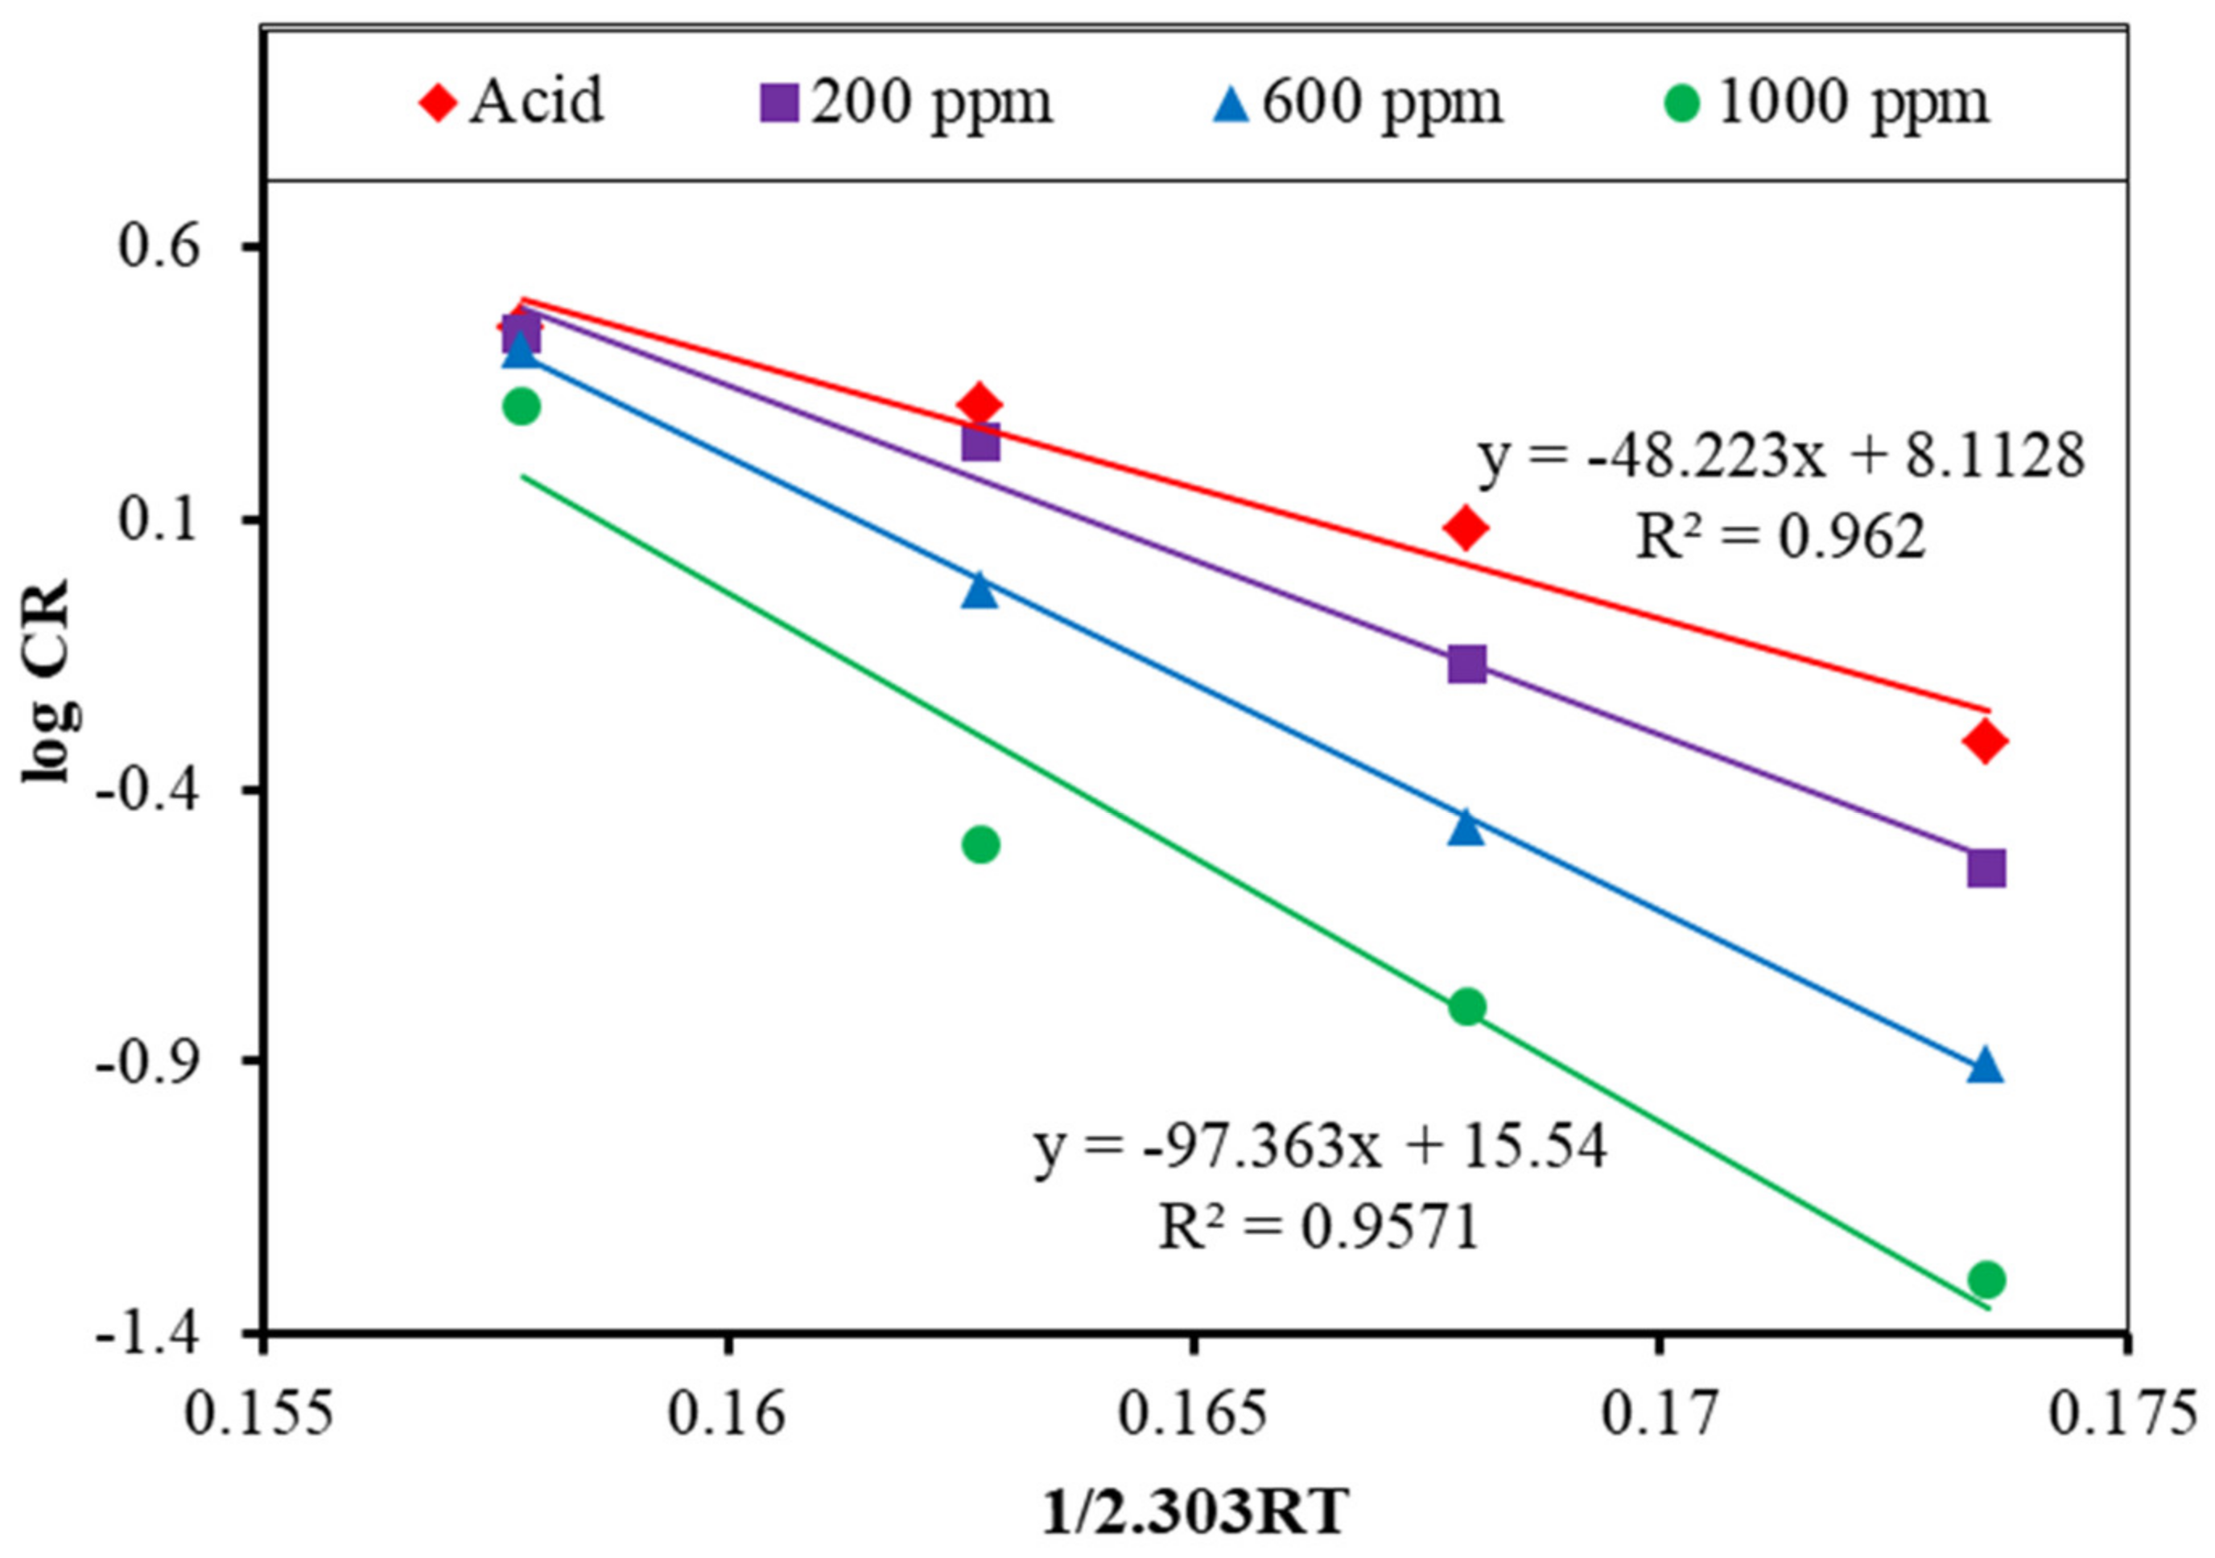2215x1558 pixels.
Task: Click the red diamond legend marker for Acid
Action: point(438,102)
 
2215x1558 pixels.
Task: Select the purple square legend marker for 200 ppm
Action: point(779,102)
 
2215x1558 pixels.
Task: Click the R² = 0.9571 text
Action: point(1318,1229)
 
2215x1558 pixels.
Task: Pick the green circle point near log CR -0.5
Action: point(980,845)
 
